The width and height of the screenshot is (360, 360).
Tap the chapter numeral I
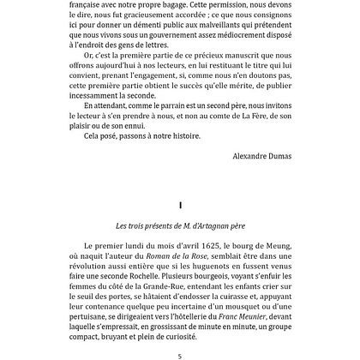(x=179, y=205)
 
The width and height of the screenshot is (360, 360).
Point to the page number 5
(x=179, y=354)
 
